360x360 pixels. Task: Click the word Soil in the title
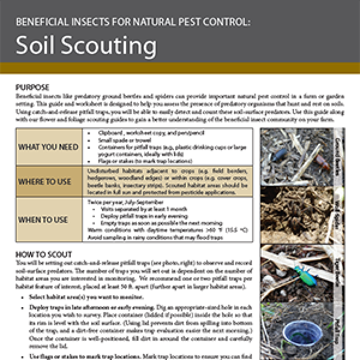point(34,46)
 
